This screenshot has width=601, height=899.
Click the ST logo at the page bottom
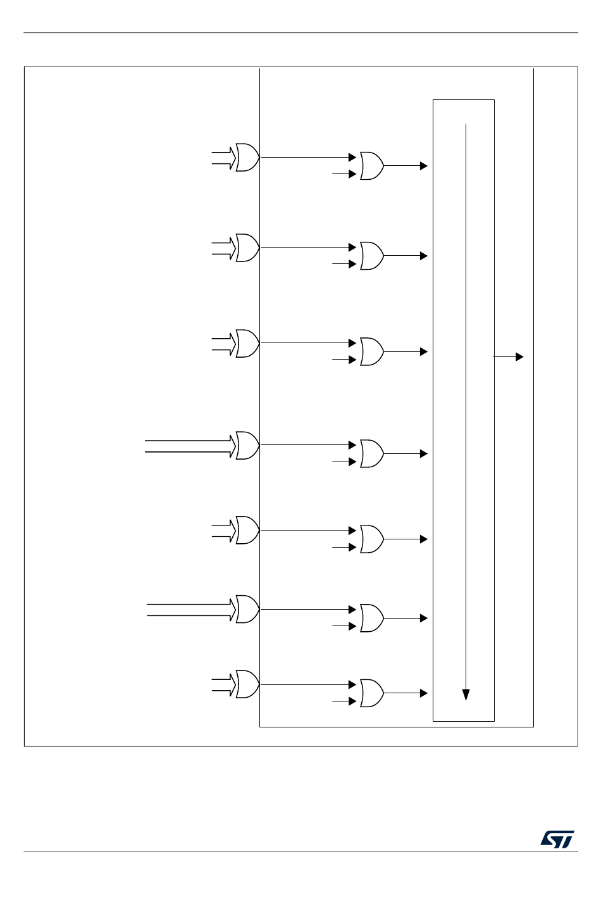point(557,839)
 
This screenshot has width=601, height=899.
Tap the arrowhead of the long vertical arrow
point(466,695)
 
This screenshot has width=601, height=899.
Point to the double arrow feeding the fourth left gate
point(190,446)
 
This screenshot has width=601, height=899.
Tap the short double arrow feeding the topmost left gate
point(223,158)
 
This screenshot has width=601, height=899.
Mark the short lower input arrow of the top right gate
point(345,174)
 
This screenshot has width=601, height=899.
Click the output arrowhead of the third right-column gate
point(424,352)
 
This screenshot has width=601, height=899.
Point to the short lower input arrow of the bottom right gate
point(345,701)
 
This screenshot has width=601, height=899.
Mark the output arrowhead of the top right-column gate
point(424,166)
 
